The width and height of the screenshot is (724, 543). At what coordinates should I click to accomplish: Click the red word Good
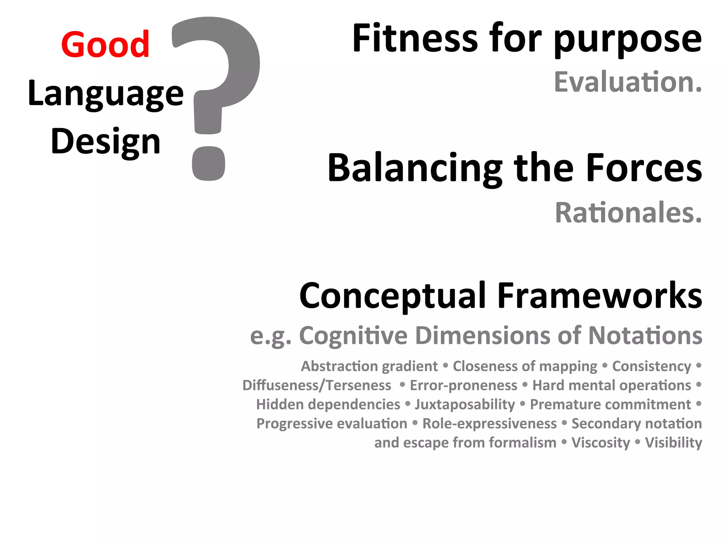[x=105, y=45]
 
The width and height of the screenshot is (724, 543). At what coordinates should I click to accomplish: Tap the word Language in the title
[x=105, y=93]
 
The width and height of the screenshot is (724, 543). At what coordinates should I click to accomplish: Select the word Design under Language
[x=105, y=141]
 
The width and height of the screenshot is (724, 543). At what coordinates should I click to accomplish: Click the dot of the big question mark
[x=209, y=163]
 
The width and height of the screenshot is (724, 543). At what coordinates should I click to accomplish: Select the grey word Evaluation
[x=627, y=82]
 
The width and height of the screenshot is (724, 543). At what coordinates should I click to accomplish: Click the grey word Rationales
[x=628, y=213]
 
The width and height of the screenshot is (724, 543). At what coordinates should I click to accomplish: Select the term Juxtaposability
[x=465, y=404]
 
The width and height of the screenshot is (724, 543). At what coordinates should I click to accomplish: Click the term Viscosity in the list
[x=601, y=443]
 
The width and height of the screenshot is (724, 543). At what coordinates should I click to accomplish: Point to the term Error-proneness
[x=463, y=385]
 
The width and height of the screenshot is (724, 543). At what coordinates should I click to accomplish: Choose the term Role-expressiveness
[x=490, y=424]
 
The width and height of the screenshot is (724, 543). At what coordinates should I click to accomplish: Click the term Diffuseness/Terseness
[x=317, y=385]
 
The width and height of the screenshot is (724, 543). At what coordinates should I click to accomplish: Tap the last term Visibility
[x=673, y=443]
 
